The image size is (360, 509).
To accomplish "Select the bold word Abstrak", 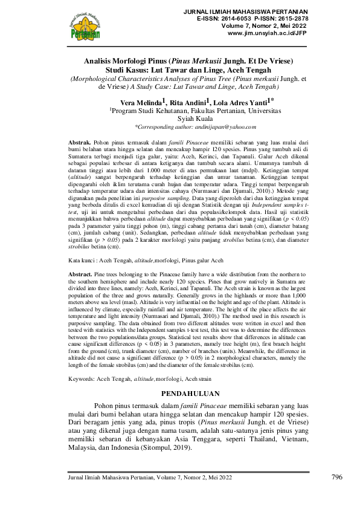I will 80,140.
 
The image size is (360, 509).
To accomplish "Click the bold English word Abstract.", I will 80,274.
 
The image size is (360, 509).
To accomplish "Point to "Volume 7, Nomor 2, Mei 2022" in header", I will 269,27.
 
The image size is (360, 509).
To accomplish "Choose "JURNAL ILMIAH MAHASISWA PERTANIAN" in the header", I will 249,12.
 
